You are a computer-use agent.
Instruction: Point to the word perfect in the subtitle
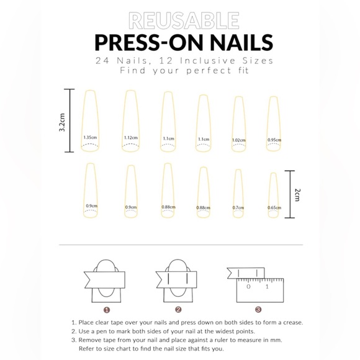(x=207, y=71)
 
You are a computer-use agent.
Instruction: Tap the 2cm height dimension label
(x=297, y=194)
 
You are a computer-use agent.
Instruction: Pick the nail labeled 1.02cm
(x=238, y=124)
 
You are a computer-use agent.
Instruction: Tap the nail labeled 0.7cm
(x=238, y=194)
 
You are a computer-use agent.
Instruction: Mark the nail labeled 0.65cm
(x=274, y=196)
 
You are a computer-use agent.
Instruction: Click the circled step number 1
(x=107, y=309)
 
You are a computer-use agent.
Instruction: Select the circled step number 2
(x=178, y=309)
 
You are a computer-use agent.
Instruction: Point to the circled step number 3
(x=258, y=309)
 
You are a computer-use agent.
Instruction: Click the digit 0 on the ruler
(x=248, y=287)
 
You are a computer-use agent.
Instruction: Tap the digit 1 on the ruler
(x=267, y=287)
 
